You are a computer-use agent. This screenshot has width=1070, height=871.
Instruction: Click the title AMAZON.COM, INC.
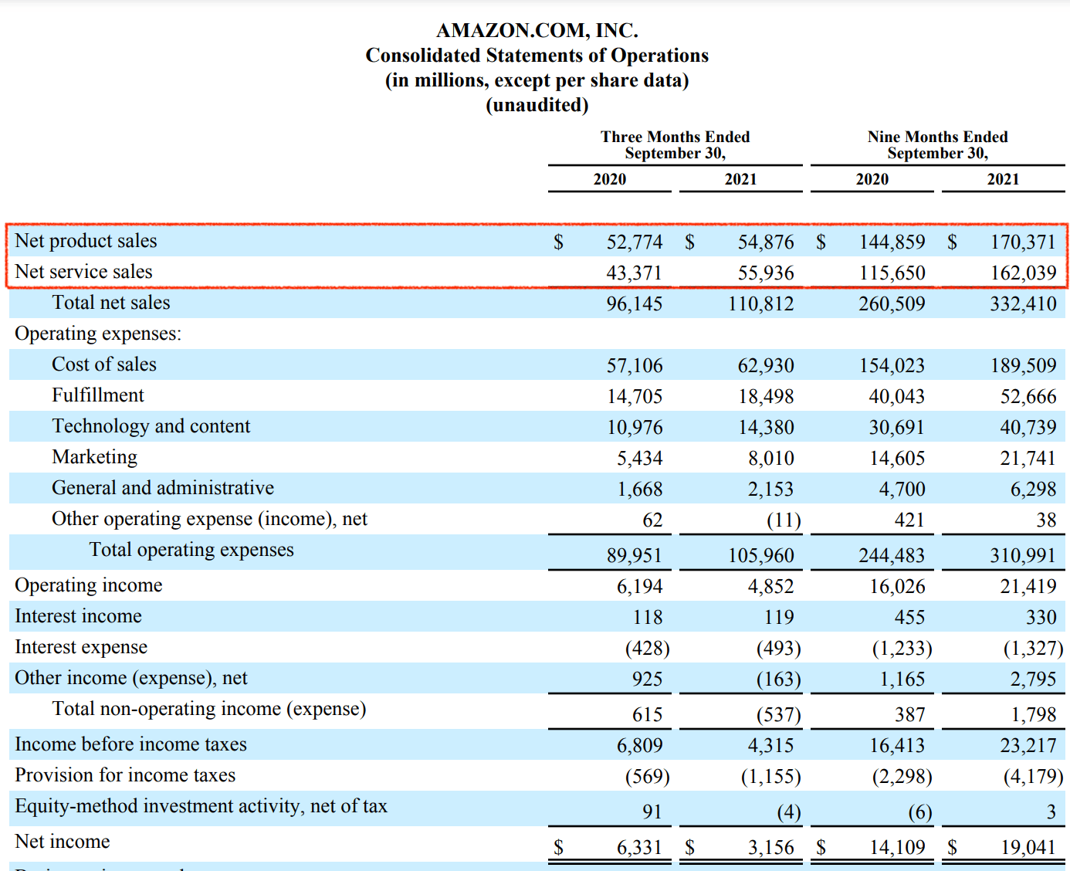[x=537, y=30]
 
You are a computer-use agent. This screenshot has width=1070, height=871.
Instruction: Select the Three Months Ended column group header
[x=675, y=144]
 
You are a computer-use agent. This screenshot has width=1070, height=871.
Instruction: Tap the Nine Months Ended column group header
[x=937, y=144]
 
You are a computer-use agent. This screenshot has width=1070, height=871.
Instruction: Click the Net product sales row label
[x=86, y=241]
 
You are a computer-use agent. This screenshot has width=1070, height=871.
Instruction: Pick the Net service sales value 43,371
[x=634, y=273]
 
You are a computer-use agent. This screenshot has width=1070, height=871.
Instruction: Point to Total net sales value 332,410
[x=1023, y=303]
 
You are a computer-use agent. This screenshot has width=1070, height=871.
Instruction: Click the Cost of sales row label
[x=104, y=364]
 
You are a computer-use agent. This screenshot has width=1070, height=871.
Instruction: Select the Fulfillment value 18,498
[x=765, y=396]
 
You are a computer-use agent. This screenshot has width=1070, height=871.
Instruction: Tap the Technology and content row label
[x=151, y=426]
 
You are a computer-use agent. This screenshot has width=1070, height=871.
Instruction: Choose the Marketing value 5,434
[x=639, y=458]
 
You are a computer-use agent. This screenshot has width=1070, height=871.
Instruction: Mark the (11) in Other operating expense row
[x=784, y=520]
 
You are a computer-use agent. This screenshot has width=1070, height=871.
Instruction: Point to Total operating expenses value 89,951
[x=634, y=555]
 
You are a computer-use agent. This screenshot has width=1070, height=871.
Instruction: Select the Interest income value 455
[x=909, y=617]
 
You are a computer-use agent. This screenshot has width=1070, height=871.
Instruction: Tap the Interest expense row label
[x=81, y=647]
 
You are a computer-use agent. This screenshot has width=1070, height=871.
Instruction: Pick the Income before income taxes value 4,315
[x=770, y=745]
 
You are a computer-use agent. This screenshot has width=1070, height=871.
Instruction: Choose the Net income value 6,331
[x=639, y=847]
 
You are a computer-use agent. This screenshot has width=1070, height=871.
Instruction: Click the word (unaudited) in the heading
[x=537, y=105]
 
